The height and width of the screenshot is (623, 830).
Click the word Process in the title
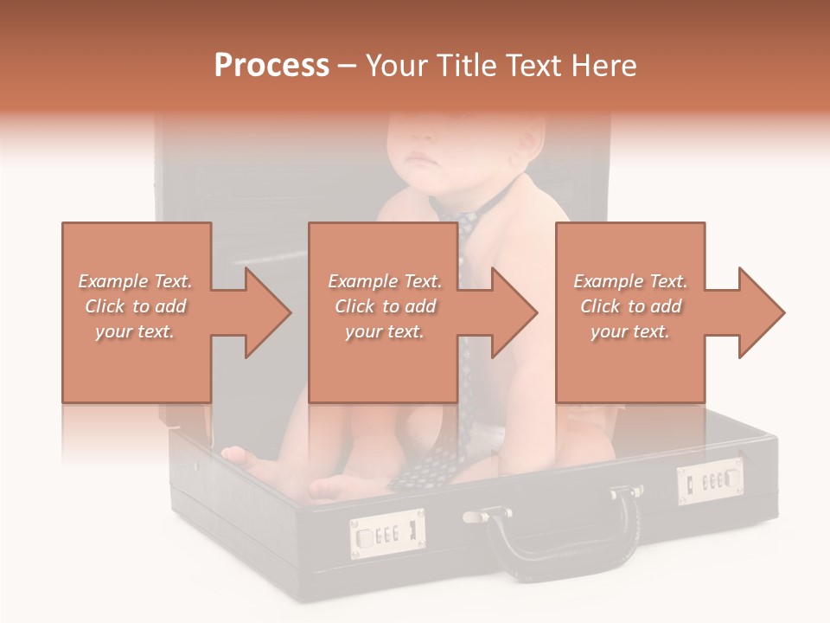pyautogui.click(x=271, y=66)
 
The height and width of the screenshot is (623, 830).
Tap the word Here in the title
pyautogui.click(x=603, y=66)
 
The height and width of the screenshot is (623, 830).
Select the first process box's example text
pyautogui.click(x=135, y=306)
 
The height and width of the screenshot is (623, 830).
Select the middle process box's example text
pyautogui.click(x=384, y=306)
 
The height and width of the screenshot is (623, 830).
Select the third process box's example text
pyautogui.click(x=630, y=306)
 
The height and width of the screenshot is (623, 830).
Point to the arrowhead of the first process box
pyautogui.click(x=268, y=312)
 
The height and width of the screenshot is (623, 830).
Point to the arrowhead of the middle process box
pyautogui.click(x=514, y=312)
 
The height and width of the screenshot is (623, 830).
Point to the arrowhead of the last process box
pyautogui.click(x=762, y=312)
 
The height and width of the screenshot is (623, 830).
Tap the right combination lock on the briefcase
pyautogui.click(x=710, y=481)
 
